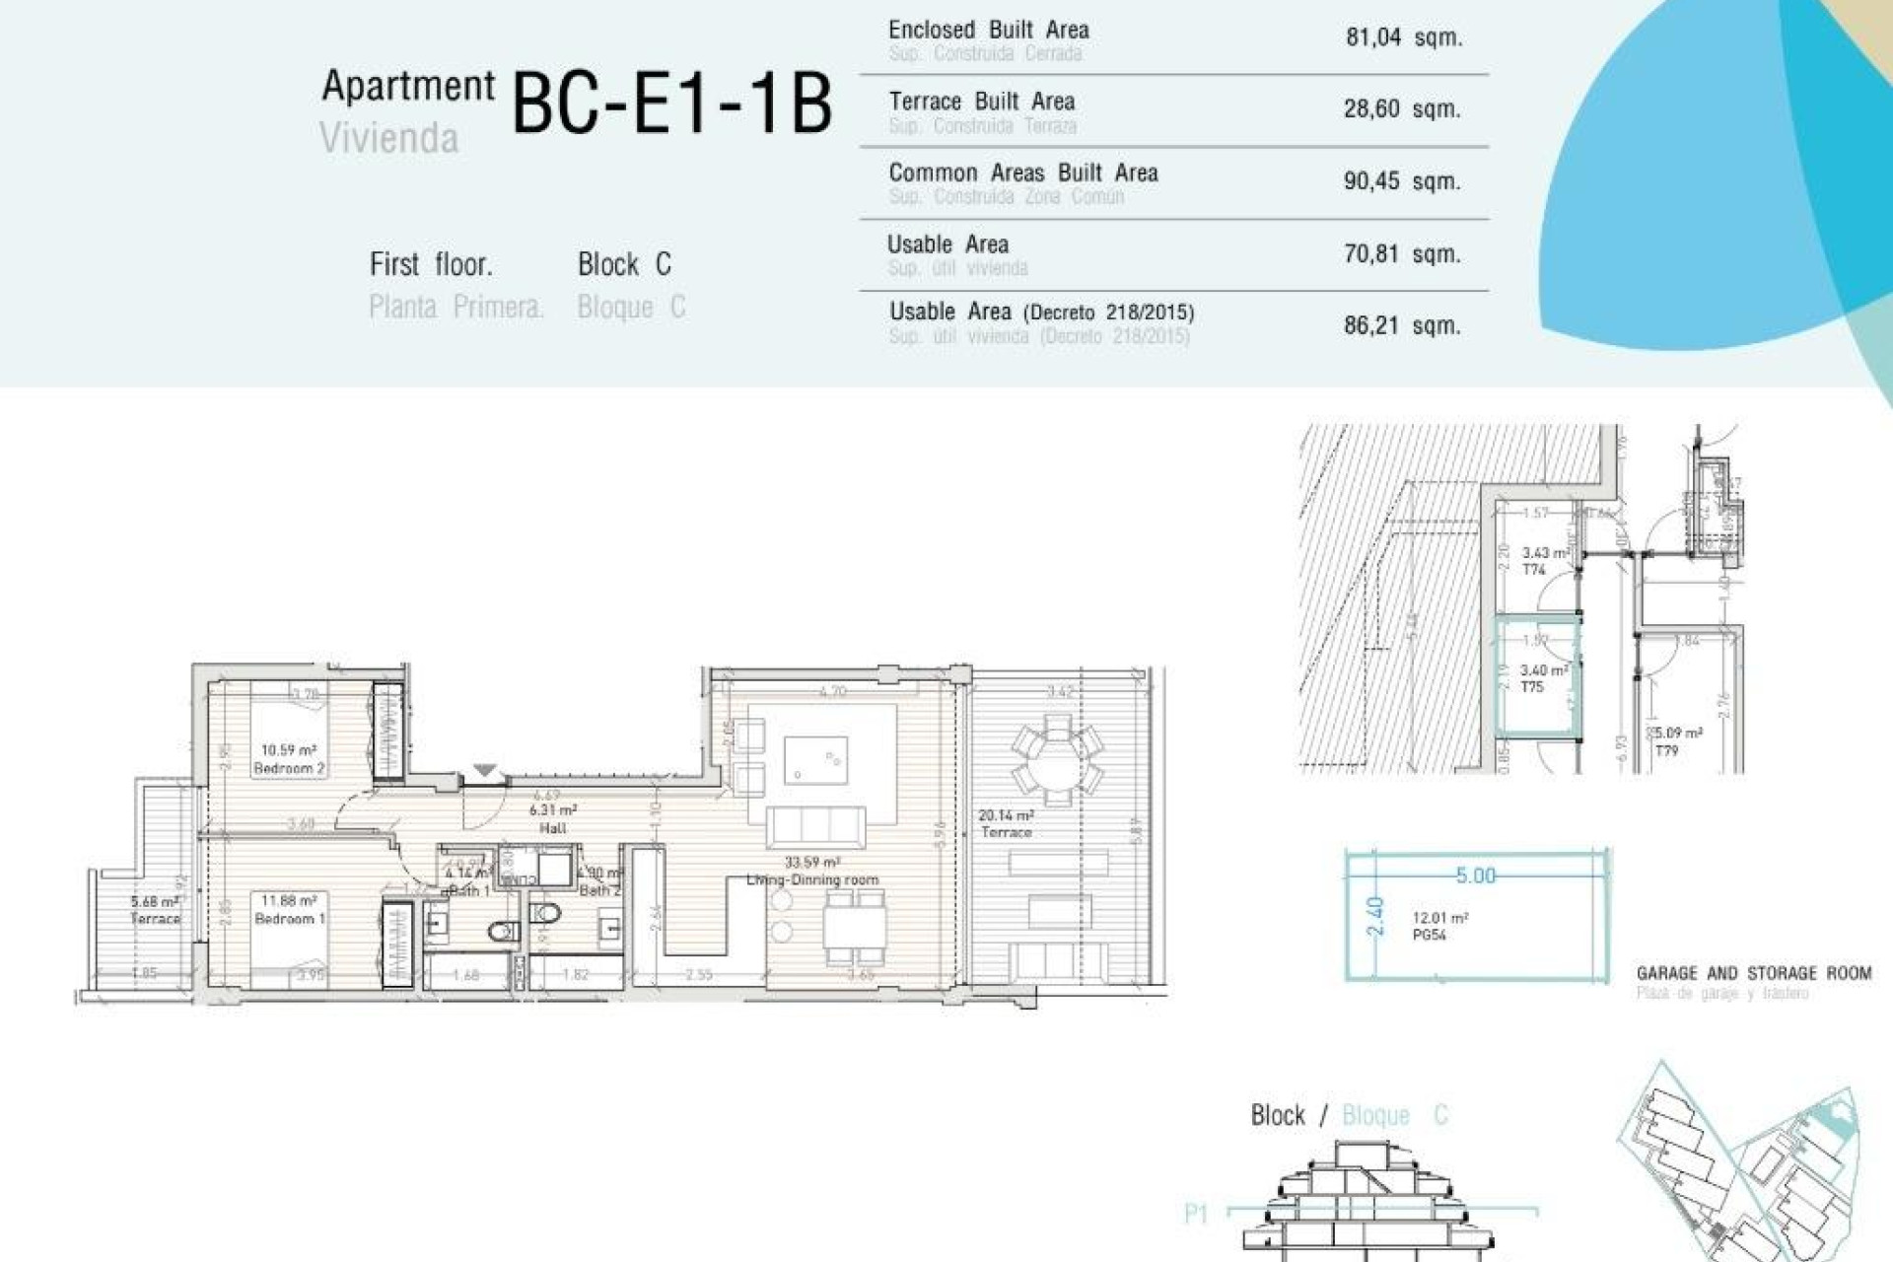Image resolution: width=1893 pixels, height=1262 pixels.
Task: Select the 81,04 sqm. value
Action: coord(1403,37)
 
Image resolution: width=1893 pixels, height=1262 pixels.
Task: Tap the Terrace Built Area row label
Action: coord(981,102)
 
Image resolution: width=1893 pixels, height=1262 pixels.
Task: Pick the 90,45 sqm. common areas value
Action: coord(1401,181)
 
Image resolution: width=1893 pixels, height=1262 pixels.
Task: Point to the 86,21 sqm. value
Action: coord(1401,325)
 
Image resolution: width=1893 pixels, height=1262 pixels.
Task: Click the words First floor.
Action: coord(431,264)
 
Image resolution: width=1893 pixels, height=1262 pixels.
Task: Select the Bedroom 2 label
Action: coord(289,768)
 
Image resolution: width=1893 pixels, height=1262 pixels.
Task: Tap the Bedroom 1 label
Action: coord(289,918)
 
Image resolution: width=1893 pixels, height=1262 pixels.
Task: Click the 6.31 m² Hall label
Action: coord(553,818)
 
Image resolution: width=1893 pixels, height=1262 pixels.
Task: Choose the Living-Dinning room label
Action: coord(812,879)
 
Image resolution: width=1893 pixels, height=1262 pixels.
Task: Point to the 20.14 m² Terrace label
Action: coord(1006,823)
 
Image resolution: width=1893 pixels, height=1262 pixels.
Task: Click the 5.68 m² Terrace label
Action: coord(156,910)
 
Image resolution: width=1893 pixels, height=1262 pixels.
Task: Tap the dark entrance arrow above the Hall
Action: coord(484,770)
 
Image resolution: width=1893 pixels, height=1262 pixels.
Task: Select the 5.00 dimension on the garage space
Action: coord(1475,876)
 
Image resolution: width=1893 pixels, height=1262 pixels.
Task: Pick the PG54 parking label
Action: coord(1429,935)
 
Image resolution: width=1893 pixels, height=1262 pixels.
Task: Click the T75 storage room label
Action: coord(1531,687)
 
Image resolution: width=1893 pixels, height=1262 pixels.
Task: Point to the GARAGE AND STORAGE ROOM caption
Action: coord(1753,973)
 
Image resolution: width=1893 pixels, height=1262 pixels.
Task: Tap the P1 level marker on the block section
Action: coord(1195,1214)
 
